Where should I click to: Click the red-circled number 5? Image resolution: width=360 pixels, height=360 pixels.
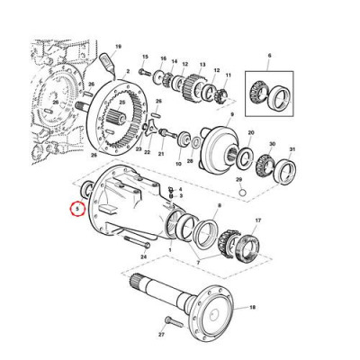(77, 208)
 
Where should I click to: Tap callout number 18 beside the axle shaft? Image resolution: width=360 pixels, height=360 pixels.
(253, 307)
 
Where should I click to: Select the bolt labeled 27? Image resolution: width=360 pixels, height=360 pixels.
(162, 334)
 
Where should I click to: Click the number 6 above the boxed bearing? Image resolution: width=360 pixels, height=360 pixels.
(270, 56)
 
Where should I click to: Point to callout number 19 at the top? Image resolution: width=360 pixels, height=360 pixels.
(118, 45)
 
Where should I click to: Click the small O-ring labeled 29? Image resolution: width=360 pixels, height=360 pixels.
(238, 190)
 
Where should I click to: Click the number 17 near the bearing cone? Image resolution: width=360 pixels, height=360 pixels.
(258, 220)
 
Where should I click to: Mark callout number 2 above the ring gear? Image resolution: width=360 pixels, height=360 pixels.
(129, 69)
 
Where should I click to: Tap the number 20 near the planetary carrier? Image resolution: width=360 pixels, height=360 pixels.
(250, 131)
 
